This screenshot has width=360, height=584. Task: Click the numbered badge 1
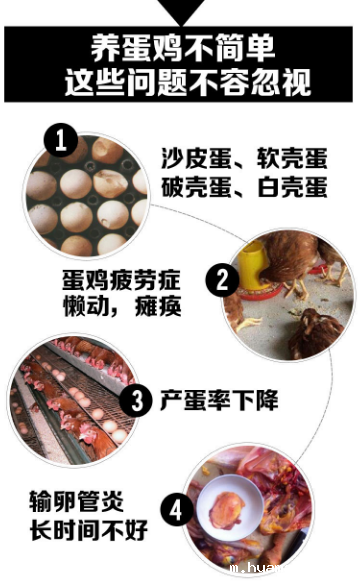coord(61,142)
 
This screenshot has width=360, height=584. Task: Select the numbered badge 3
coord(138,401)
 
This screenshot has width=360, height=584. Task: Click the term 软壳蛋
coord(287,158)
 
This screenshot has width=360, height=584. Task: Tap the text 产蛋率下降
coord(219,401)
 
